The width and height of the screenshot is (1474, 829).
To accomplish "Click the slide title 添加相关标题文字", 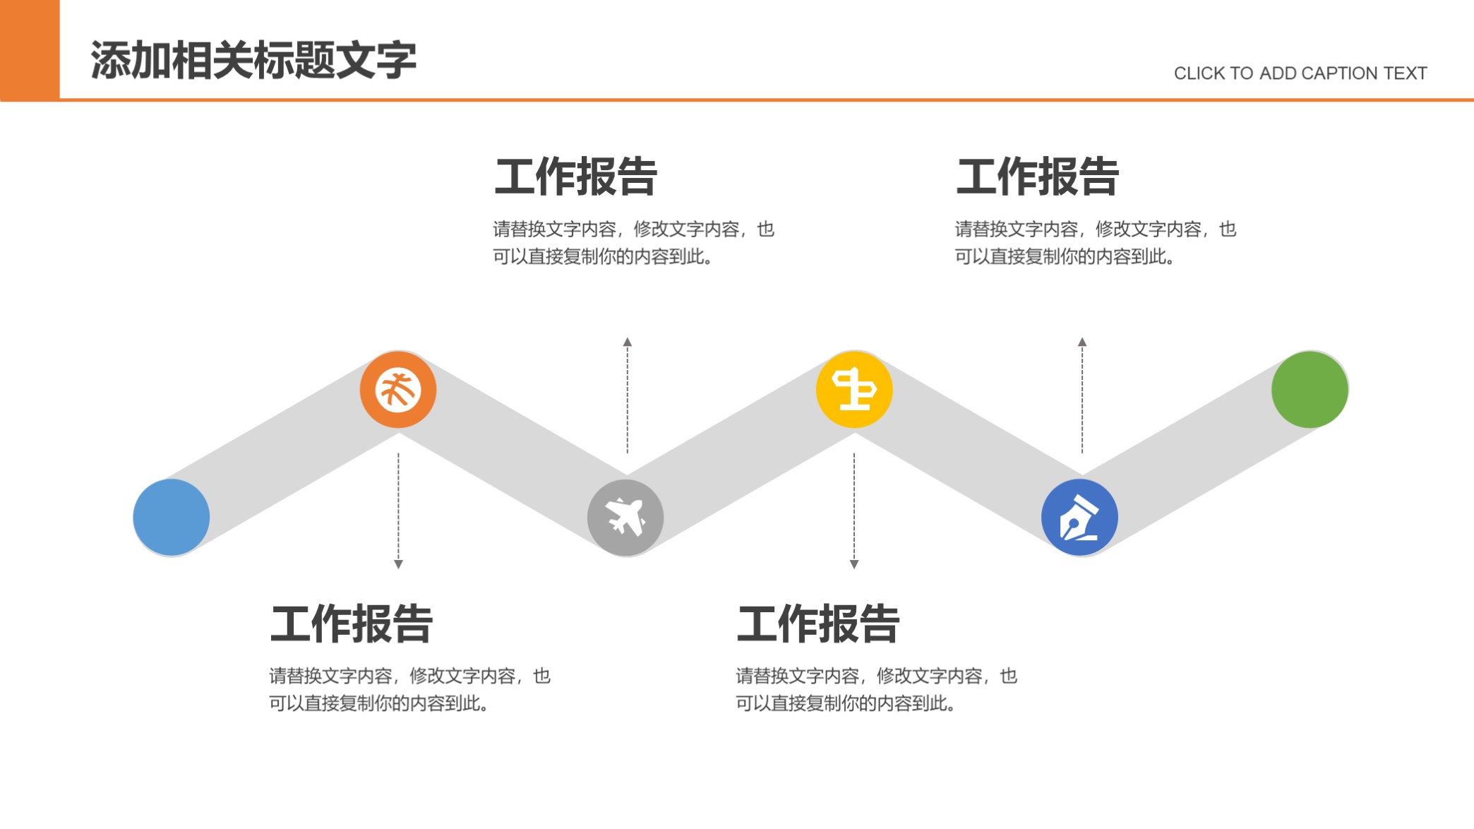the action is (253, 60).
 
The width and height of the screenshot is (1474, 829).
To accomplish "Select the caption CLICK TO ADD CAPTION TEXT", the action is (1300, 73).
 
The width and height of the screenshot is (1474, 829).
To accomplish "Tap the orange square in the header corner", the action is (30, 49).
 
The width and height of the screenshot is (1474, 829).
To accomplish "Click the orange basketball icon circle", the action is (398, 389).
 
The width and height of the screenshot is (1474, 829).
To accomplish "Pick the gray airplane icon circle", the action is (625, 518).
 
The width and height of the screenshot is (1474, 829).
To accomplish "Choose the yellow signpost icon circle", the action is (854, 389).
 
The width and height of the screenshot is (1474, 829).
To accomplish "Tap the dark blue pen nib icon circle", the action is (1079, 518).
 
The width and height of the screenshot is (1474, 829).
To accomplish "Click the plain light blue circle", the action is (172, 518).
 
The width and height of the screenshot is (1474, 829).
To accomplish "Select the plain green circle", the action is (1310, 389).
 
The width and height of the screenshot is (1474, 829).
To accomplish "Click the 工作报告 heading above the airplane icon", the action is (576, 177).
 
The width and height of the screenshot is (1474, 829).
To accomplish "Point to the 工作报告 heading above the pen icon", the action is (1038, 177).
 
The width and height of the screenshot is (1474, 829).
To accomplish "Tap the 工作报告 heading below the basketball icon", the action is (352, 624).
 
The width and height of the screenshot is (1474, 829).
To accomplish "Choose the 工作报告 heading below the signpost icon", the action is (818, 624).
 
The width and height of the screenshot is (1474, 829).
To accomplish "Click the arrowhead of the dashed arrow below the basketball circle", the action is (398, 564).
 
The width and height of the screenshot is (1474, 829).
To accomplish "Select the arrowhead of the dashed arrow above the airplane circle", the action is (628, 342).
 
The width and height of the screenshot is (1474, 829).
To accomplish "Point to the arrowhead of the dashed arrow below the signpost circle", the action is (854, 564).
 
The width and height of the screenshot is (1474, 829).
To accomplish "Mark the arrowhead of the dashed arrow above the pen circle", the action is (1082, 342).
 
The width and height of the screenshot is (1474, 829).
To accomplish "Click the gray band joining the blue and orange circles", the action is (284, 453).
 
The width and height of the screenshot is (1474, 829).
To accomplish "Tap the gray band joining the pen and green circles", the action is (1194, 453).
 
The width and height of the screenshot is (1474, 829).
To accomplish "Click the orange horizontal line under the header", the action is (767, 100).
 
